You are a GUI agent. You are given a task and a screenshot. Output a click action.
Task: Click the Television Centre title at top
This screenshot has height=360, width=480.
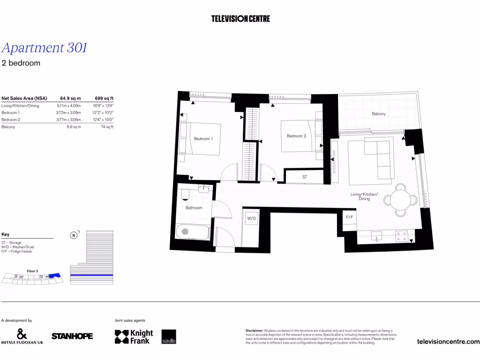(240, 19)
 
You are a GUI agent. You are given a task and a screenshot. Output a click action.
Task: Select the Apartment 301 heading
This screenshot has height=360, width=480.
(44, 48)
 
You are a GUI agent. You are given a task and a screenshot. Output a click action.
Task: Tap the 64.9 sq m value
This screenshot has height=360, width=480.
(70, 98)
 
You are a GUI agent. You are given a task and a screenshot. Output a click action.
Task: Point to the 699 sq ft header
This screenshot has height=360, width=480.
(104, 98)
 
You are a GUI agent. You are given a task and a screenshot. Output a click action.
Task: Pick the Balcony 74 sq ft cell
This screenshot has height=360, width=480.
(107, 127)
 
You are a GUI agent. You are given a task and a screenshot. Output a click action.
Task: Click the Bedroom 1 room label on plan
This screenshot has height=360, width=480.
(203, 139)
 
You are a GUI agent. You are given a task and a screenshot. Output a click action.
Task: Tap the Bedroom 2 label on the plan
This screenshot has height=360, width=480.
(296, 136)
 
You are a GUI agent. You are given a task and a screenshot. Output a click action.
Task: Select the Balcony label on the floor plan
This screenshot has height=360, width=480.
(379, 114)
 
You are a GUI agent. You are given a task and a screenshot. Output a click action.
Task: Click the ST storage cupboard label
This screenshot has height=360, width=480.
(304, 177)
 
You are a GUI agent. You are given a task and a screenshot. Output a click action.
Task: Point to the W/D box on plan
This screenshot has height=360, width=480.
(252, 219)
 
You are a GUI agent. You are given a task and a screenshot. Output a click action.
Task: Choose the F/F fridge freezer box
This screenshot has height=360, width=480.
(349, 217)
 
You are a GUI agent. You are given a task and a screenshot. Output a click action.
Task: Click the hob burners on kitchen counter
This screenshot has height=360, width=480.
(402, 236)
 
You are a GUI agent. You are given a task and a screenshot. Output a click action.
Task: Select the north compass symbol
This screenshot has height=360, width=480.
(73, 235)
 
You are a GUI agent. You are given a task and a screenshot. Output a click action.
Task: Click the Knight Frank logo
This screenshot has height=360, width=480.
(134, 337)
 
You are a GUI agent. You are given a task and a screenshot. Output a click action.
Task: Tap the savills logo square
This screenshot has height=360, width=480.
(169, 337)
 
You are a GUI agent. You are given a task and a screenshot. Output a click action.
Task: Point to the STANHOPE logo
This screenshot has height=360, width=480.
(72, 336)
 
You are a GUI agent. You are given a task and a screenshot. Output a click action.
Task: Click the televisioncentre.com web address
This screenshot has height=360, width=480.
(448, 342)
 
